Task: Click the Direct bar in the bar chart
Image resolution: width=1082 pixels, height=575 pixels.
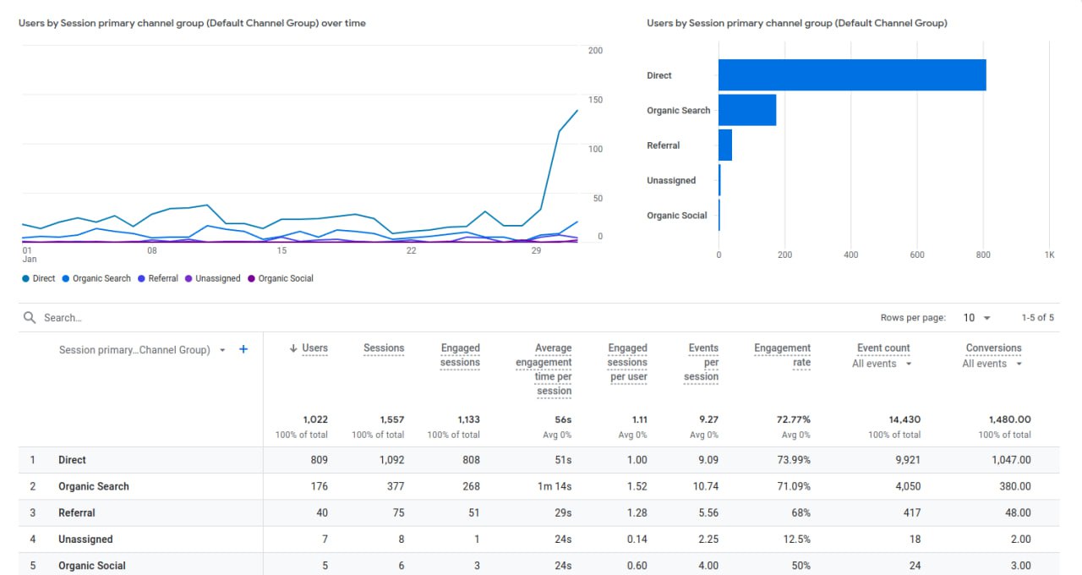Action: click(852, 75)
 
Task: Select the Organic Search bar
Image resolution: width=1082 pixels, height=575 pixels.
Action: click(747, 110)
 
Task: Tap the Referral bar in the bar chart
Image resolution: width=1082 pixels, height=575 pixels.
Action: click(725, 145)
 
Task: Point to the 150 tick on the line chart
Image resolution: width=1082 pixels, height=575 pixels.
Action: click(595, 100)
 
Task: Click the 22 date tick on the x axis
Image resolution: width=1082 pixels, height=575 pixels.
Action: click(411, 250)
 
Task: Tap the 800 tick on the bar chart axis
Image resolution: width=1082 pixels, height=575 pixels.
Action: click(983, 255)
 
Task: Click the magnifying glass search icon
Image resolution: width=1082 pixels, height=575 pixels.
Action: click(30, 318)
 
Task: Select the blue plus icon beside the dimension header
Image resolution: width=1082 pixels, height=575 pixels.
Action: click(243, 349)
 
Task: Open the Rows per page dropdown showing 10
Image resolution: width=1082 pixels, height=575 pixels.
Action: click(976, 318)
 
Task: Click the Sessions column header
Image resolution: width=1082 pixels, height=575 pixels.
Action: click(384, 348)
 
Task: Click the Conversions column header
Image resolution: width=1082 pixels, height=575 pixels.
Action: click(993, 348)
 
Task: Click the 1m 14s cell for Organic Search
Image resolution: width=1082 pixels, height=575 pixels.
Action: click(555, 486)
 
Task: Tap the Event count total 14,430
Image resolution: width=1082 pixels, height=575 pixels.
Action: click(900, 419)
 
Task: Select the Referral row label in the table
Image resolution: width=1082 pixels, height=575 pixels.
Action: click(76, 512)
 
